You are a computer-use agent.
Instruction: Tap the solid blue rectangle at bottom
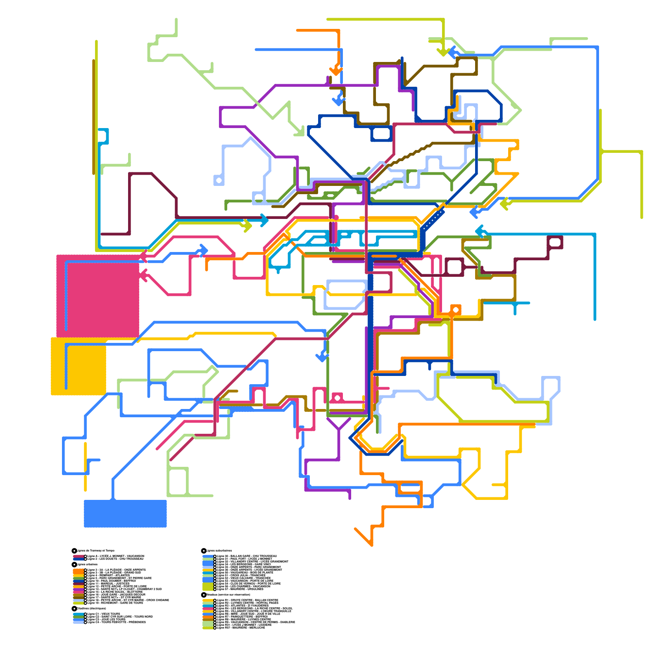point(125,514)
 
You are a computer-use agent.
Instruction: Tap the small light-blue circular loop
point(219,181)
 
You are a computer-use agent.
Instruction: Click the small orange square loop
point(456,309)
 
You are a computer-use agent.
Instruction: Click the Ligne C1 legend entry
point(104,614)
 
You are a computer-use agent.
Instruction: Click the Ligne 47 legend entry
point(240,589)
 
